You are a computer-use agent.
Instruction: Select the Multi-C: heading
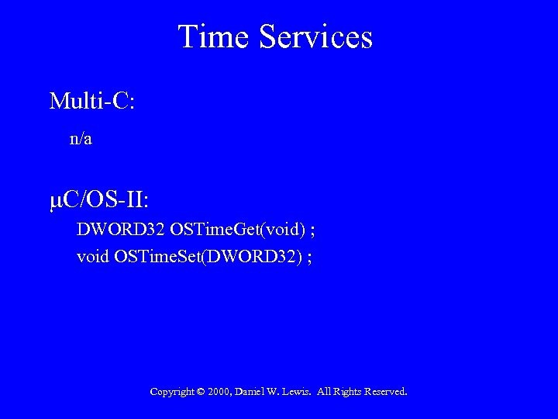point(91,101)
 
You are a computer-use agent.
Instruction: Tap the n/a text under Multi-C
point(81,139)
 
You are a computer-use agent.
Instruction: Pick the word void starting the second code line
point(92,256)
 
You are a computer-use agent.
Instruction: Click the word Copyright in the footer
point(171,392)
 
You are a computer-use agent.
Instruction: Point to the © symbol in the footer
point(201,392)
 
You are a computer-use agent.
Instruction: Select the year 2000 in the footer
point(219,392)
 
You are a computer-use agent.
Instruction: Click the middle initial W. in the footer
point(276,392)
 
